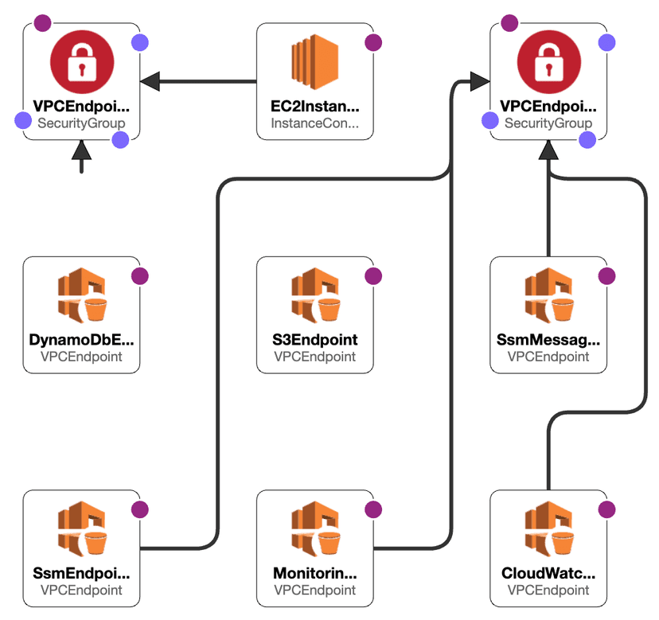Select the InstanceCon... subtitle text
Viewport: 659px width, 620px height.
(314, 123)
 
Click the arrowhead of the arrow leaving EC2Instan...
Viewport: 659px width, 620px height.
(150, 81)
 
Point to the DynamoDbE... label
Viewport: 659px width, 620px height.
(81, 340)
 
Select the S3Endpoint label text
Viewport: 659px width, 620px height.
(314, 340)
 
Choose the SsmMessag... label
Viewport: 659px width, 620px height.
(548, 340)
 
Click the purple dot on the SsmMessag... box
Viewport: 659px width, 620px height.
(606, 276)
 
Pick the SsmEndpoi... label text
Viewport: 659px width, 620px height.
(81, 574)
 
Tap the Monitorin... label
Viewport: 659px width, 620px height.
(314, 574)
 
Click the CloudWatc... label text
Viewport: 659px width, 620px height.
(548, 574)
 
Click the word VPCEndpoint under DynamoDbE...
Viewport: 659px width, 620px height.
(81, 357)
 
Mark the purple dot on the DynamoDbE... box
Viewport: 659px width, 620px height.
(139, 276)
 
